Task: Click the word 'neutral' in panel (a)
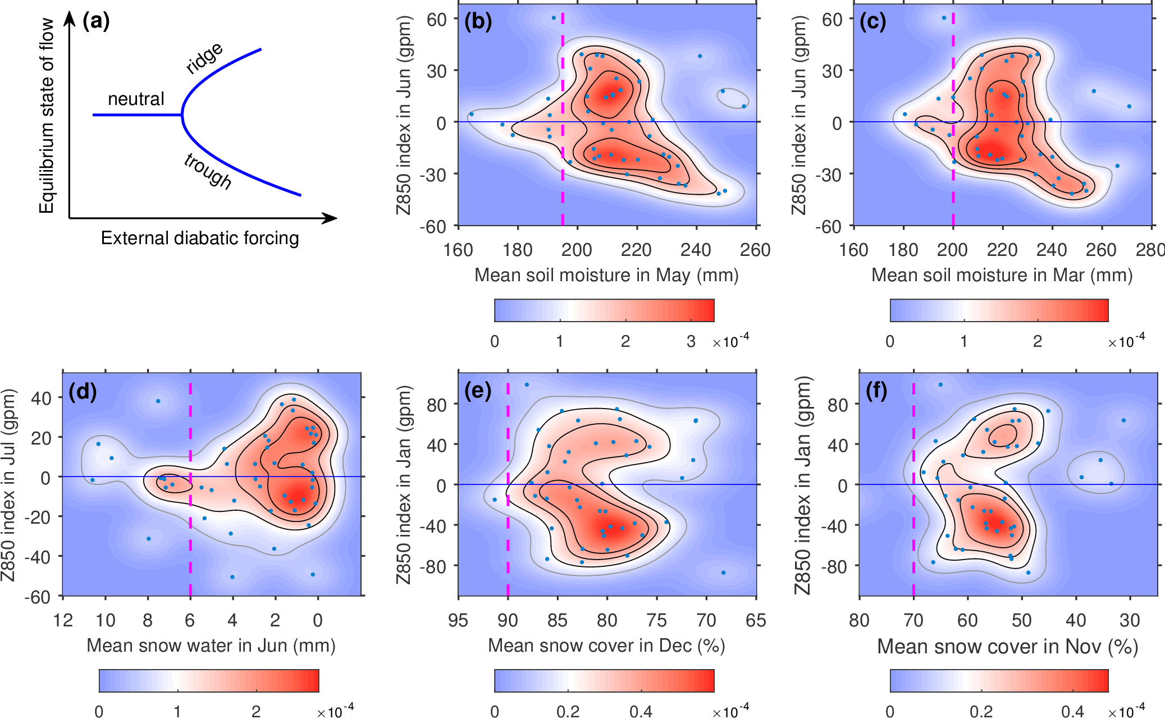136,99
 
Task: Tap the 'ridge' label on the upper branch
204,58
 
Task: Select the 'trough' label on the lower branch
208,171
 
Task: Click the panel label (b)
478,21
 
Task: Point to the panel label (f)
876,391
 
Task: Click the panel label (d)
83,391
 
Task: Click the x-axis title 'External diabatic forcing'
200,238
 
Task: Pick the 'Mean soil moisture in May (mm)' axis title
606,275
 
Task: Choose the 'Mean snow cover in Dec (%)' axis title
606,645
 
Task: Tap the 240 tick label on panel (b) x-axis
696,250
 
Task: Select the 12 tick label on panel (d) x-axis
63,620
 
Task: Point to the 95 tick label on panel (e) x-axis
458,620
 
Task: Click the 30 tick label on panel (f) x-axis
1130,620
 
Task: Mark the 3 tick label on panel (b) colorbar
691,341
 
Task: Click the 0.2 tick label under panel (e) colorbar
568,712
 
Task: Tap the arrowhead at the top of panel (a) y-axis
70,18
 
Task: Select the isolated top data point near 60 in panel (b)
554,18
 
